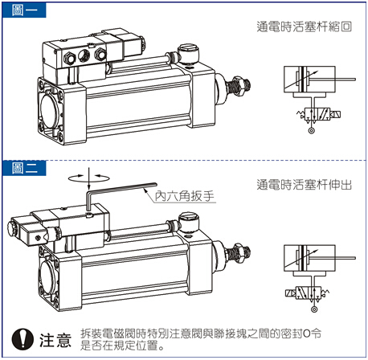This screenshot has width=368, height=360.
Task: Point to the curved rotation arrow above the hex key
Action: pos(89,174)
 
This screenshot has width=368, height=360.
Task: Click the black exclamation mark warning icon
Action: pos(21,337)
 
